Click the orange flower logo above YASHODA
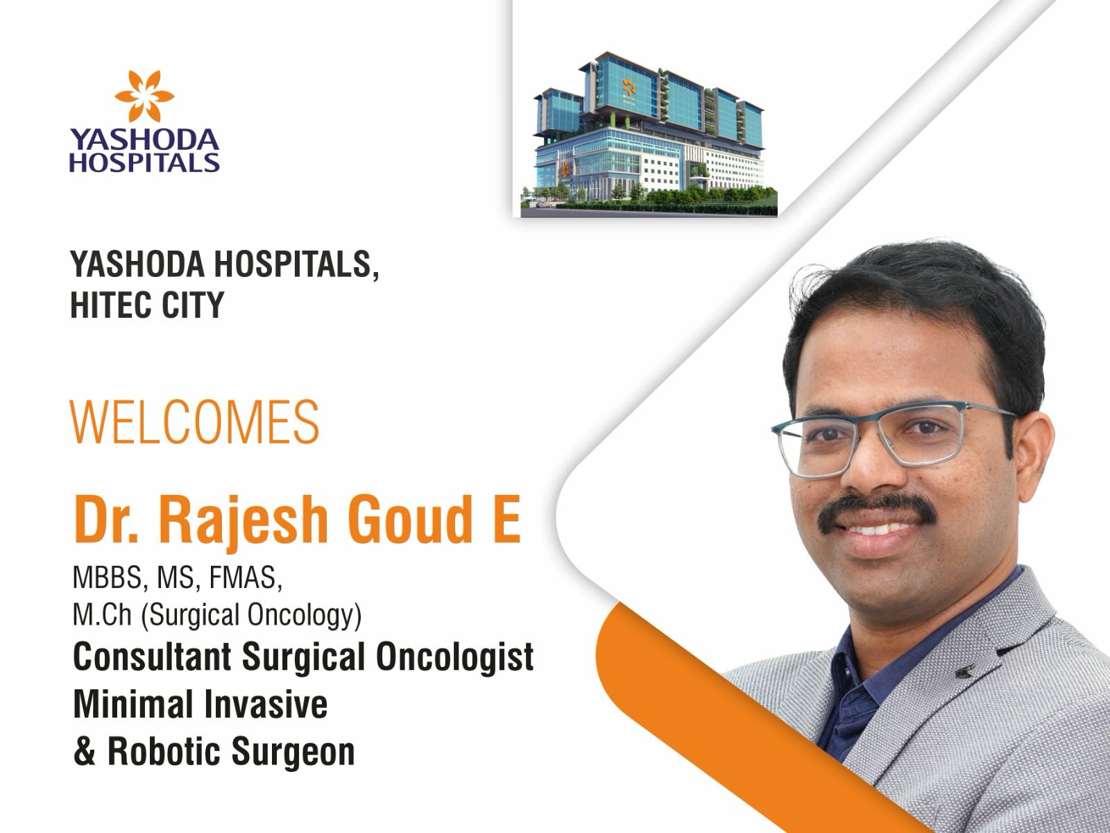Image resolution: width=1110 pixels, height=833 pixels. pos(144,96)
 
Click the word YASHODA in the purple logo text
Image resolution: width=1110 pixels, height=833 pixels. pos(144,139)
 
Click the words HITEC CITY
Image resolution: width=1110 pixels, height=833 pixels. pos(147,305)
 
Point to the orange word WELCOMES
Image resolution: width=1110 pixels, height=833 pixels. pos(195,422)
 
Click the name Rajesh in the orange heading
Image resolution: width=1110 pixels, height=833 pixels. pos(244,520)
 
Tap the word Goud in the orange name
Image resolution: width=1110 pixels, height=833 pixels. pos(410,519)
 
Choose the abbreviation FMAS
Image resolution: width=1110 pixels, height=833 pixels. pos(246,577)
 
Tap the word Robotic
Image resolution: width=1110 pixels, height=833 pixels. pos(164,751)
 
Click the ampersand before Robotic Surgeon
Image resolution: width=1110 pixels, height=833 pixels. pos(85,752)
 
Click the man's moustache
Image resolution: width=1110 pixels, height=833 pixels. pos(876,511)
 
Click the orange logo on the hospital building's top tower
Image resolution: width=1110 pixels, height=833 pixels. pos(629,87)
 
